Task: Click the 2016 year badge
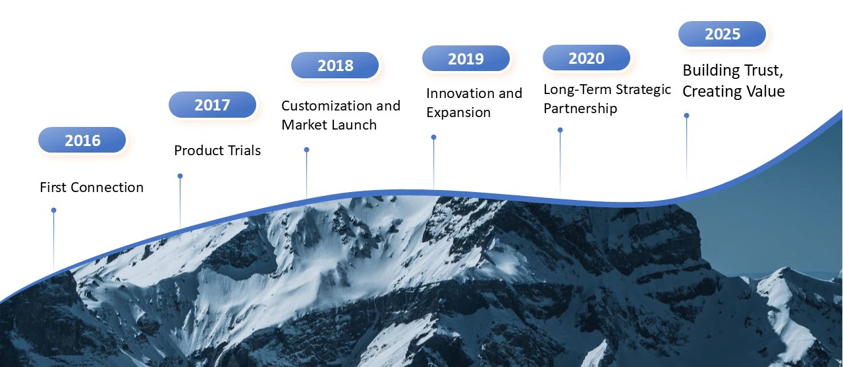[82, 140]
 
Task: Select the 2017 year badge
[212, 105]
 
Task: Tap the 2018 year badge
[335, 65]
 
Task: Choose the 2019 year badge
[466, 59]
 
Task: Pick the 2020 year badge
[586, 57]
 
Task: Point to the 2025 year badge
[722, 34]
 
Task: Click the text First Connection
[92, 187]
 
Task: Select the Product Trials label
[217, 151]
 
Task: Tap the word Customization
[327, 106]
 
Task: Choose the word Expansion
[458, 112]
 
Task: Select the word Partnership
[580, 109]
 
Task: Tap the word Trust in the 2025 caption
[758, 70]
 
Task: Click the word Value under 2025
[765, 91]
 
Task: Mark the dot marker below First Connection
[54, 210]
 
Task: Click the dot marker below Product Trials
[180, 176]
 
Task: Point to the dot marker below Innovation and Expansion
[433, 137]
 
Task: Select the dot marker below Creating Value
[686, 116]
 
